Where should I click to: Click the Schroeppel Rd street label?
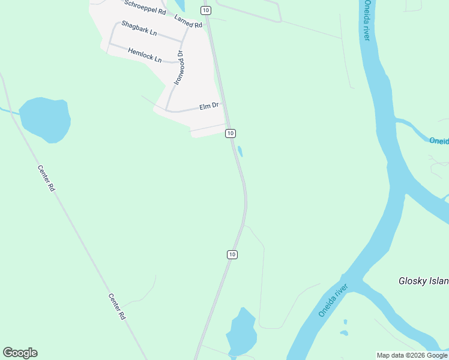[x=145, y=7]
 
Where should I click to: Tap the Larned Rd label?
[x=188, y=20]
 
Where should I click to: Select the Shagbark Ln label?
[x=139, y=28]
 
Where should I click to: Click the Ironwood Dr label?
[x=179, y=67]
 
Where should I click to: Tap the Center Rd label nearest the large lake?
[x=46, y=178]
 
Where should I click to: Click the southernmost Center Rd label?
[x=117, y=306]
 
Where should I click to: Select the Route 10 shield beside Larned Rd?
[x=206, y=10]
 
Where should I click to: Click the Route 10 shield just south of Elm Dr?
[x=231, y=133]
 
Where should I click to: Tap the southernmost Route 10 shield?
[x=232, y=254]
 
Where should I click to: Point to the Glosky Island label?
[x=424, y=281]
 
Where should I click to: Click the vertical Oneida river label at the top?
[x=366, y=20]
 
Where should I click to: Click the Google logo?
[x=20, y=353]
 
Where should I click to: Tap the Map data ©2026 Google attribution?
[x=412, y=355]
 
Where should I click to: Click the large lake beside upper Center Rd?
[x=45, y=119]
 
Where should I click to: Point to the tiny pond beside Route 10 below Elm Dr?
[x=240, y=151]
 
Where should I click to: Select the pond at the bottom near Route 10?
[x=241, y=333]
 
